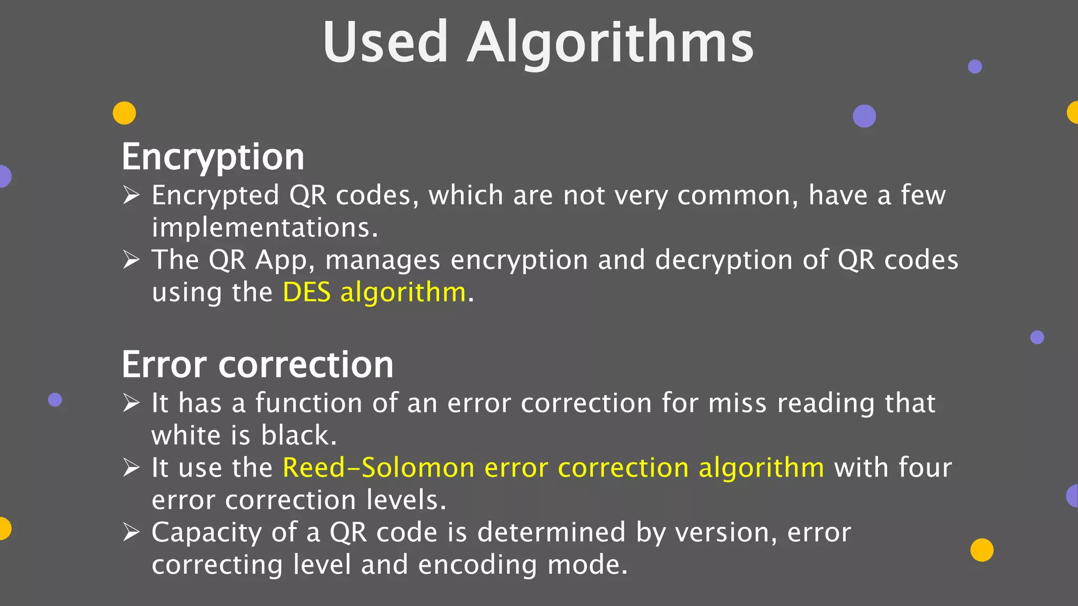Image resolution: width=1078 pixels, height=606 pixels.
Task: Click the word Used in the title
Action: coord(385,42)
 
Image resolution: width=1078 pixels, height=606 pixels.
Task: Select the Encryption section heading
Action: coord(213,157)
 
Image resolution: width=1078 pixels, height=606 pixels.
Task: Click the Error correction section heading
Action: coord(257,364)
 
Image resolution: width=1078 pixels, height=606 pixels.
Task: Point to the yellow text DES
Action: coord(307,292)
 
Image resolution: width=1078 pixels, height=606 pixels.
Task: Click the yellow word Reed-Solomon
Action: coord(378,468)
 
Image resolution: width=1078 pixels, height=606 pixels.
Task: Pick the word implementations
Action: coord(265,228)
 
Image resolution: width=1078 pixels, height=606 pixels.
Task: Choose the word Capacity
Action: coord(206,532)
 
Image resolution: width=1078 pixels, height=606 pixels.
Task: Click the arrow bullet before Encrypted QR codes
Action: coord(131,195)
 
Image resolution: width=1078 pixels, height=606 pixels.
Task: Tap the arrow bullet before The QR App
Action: coord(131,259)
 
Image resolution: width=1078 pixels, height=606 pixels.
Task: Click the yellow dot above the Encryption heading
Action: coord(124,113)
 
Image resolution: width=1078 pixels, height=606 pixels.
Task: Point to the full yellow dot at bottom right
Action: coord(982,550)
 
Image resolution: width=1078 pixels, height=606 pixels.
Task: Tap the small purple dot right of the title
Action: coord(975,67)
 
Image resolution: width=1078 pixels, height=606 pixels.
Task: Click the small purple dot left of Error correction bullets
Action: coord(55,400)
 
